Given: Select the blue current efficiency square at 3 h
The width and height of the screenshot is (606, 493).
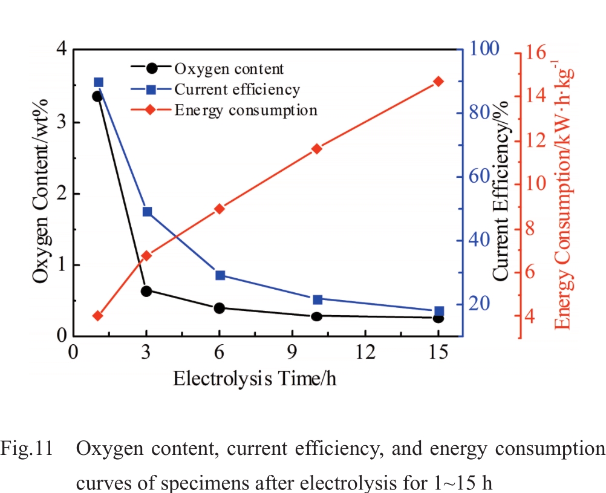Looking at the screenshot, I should [147, 212].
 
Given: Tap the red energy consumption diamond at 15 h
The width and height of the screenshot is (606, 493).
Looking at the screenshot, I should [438, 82].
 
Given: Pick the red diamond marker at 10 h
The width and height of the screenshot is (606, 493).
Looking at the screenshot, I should [316, 149].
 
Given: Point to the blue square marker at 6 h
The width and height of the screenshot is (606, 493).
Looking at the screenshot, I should [220, 275].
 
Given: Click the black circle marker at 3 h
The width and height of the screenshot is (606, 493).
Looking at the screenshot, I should [146, 291].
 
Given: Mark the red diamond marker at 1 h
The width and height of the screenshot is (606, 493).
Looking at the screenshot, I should [98, 316].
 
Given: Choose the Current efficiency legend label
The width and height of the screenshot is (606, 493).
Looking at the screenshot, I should [237, 90].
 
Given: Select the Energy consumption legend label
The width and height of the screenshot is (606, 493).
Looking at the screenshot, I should [246, 110].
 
